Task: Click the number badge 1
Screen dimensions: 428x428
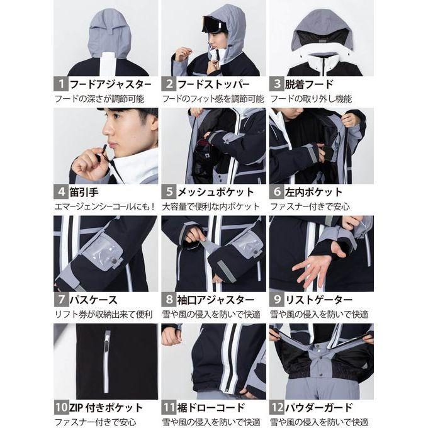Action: (x=61, y=84)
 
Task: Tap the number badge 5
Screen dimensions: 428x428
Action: (x=169, y=192)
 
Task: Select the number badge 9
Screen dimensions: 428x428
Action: (x=276, y=300)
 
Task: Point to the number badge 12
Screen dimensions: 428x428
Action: (x=276, y=407)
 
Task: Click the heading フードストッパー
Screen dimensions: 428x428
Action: (x=214, y=84)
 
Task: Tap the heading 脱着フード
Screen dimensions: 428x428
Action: (x=309, y=84)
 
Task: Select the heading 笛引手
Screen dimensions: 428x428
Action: (x=84, y=192)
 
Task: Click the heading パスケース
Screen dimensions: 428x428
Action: (x=93, y=300)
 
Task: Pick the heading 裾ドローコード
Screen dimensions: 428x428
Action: (x=211, y=408)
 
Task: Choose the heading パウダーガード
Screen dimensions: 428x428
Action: (x=319, y=408)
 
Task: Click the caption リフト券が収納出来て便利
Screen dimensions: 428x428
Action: (x=103, y=315)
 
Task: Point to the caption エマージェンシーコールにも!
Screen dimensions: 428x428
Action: (x=104, y=206)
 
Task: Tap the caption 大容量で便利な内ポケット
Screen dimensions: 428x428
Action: (x=210, y=206)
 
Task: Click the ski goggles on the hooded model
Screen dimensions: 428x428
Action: (x=215, y=23)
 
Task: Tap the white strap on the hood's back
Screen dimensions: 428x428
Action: (x=110, y=64)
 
